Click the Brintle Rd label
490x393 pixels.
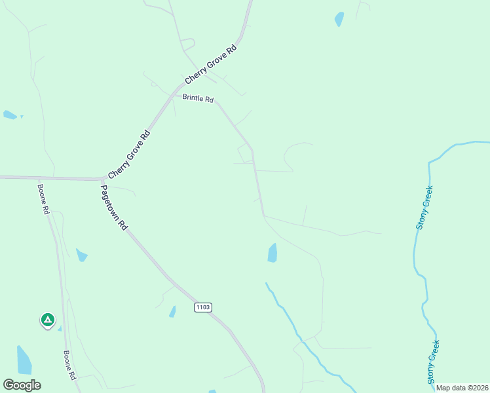[x=198, y=99]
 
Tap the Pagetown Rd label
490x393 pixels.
[x=113, y=207]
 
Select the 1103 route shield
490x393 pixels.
[x=203, y=307]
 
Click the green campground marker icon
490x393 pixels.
[x=47, y=320]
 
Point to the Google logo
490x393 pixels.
[x=22, y=385]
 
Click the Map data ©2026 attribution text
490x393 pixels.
[x=462, y=388]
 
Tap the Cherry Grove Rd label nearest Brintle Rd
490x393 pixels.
[x=210, y=65]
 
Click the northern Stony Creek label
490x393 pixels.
[x=424, y=207]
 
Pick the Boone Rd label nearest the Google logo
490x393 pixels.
[x=69, y=365]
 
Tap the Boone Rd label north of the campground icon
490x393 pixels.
[x=45, y=198]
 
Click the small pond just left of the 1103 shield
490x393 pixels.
[x=172, y=312]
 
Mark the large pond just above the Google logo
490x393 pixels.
[x=24, y=360]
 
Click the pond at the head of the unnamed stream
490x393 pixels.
[x=273, y=253]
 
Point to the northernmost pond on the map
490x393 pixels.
[x=339, y=19]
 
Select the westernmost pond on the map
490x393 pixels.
[x=9, y=115]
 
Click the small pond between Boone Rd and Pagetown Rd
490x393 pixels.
[x=81, y=255]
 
